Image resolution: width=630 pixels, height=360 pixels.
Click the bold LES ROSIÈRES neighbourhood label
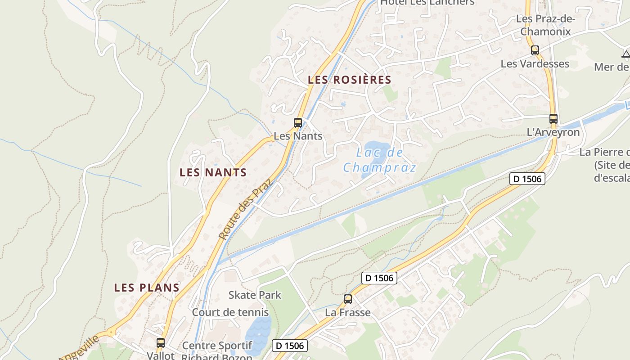(349, 80)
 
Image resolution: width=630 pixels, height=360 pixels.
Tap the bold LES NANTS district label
(213, 172)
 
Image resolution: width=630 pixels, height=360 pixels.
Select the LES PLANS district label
(147, 288)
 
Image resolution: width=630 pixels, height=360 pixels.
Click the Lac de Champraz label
(379, 160)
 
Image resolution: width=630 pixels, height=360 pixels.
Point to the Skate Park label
(255, 295)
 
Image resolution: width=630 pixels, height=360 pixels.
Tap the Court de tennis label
(230, 312)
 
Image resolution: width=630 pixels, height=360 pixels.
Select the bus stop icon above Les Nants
(297, 122)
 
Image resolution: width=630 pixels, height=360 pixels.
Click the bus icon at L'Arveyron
(553, 119)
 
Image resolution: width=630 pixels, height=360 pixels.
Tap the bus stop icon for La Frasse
(347, 299)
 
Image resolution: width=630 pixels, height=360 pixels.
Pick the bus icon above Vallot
(160, 343)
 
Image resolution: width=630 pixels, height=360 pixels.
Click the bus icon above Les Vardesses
(535, 50)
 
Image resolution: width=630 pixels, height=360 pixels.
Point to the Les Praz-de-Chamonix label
(544, 25)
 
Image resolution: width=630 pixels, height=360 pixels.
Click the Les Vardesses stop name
(535, 64)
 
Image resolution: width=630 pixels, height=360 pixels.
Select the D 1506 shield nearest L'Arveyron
(527, 179)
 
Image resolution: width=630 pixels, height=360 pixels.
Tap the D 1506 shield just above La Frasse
(379, 278)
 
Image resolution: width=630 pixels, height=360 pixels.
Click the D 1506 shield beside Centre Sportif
(290, 346)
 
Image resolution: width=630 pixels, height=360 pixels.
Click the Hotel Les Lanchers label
(427, 2)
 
